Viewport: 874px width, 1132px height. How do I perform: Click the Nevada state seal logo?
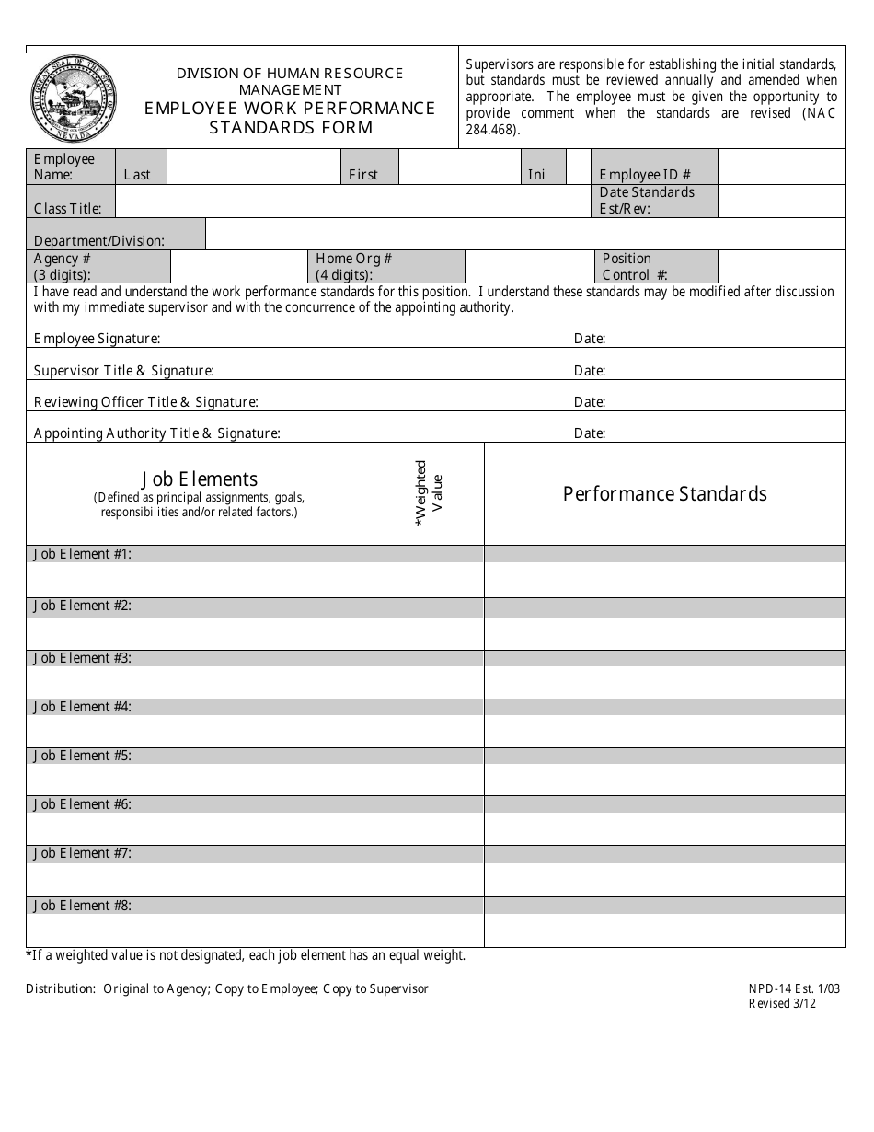click(x=74, y=97)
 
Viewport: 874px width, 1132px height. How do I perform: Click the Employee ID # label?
click(x=644, y=175)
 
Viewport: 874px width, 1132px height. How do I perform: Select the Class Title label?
click(x=75, y=208)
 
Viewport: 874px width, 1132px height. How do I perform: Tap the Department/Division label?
click(x=99, y=241)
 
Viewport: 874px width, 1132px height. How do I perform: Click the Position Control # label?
click(x=635, y=266)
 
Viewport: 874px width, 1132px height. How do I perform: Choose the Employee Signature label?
click(x=97, y=339)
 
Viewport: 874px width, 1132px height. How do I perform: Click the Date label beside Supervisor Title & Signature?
click(x=589, y=371)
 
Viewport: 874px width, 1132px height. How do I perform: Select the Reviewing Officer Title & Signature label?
click(x=145, y=402)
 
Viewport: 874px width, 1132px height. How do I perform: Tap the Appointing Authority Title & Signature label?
click(x=156, y=433)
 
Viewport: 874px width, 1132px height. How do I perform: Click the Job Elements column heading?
click(x=199, y=479)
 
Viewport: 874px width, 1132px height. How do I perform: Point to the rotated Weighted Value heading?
click(x=430, y=493)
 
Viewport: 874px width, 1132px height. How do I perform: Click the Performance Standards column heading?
click(x=664, y=494)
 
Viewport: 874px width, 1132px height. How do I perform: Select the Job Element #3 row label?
click(x=83, y=658)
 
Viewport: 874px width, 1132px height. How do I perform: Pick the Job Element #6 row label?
click(x=83, y=804)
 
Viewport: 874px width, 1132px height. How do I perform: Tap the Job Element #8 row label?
click(x=83, y=906)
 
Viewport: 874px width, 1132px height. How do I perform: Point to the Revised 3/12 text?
click(x=781, y=1004)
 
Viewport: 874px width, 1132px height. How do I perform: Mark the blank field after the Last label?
click(x=252, y=167)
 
